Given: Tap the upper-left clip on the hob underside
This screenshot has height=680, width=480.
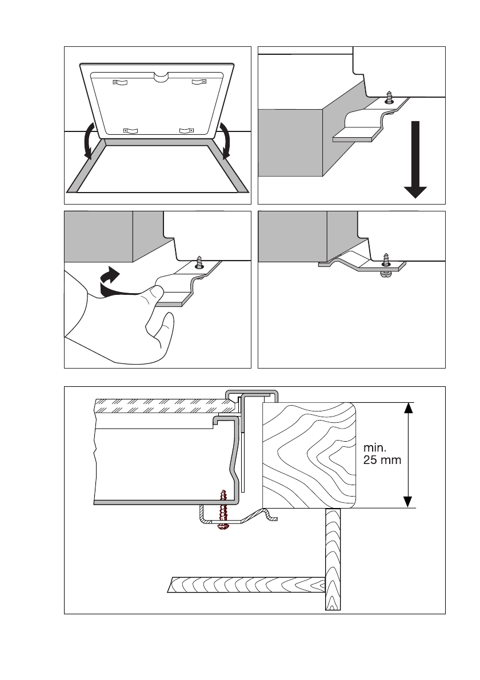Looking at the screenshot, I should click(x=120, y=82).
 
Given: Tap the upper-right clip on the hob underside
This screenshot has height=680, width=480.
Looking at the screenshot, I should click(x=198, y=82).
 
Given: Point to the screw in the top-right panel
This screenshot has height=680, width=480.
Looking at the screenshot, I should click(x=390, y=97).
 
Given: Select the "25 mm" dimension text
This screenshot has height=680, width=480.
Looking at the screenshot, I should click(x=382, y=460).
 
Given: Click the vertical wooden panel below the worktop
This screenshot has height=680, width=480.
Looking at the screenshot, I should click(x=333, y=560).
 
